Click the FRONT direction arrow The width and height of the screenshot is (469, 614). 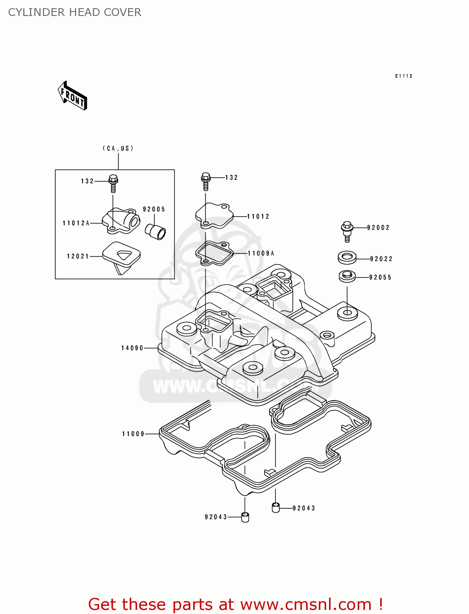pos(73,96)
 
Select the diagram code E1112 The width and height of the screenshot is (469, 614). pos(404,76)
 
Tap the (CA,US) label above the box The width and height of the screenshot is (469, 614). pos(118,148)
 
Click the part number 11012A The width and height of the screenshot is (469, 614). pos(76,223)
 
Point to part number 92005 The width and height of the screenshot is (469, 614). pos(154,209)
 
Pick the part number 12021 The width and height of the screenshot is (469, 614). pos(78,256)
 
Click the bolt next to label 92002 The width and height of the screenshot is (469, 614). pos(347,231)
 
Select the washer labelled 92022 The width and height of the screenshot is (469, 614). pos(347,258)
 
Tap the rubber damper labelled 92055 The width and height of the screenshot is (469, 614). pos(347,276)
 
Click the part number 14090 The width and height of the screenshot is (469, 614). pos(132,348)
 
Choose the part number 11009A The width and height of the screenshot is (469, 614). pos(261,253)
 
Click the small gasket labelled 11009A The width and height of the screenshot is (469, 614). pos(214,253)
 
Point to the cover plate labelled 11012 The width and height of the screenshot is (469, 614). pos(214,215)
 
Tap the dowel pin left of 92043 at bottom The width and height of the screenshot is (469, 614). pos(245,517)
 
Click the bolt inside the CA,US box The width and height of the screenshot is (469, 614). pos(113,184)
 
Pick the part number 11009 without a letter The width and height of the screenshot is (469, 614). pos(133,434)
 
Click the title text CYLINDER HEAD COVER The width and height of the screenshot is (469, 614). pos(74,12)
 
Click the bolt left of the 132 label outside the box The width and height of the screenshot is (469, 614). pos(206,181)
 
